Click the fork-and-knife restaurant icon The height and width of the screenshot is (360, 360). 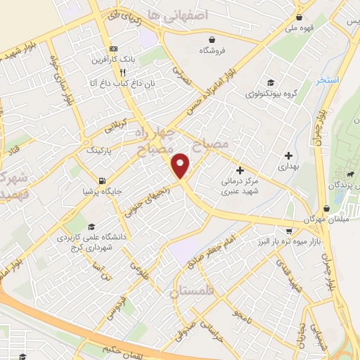click(122, 72)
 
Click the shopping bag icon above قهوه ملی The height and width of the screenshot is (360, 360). click(300, 18)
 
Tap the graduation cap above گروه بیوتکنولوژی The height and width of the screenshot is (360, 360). click(267, 81)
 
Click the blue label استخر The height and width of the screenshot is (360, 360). click(328, 79)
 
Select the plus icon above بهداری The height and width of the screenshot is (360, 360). click(288, 155)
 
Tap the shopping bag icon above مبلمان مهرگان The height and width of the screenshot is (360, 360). click(327, 209)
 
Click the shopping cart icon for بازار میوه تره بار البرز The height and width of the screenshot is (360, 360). click(288, 231)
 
